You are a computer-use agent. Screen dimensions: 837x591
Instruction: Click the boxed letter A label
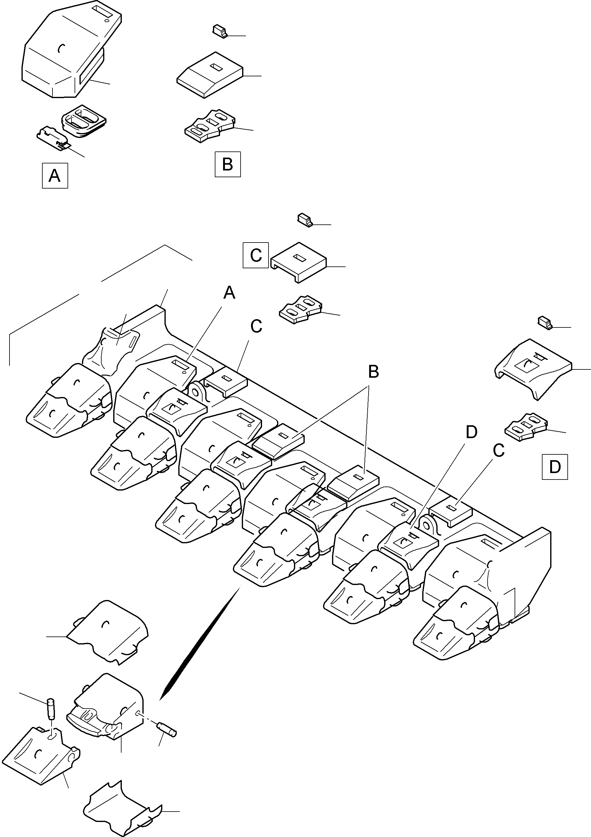pyautogui.click(x=55, y=176)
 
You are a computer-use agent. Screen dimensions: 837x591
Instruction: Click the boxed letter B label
pyautogui.click(x=228, y=164)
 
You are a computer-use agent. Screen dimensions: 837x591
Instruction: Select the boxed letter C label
pyautogui.click(x=256, y=255)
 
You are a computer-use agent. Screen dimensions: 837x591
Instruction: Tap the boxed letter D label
pyautogui.click(x=554, y=467)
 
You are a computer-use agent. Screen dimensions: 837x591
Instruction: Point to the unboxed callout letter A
pyautogui.click(x=229, y=293)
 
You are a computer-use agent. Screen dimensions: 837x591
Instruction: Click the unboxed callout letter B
pyautogui.click(x=373, y=372)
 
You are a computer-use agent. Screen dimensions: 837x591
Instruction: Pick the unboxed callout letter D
pyautogui.click(x=471, y=432)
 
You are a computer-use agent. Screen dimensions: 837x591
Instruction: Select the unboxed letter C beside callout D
pyautogui.click(x=498, y=451)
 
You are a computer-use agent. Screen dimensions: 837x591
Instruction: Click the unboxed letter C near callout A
pyautogui.click(x=256, y=326)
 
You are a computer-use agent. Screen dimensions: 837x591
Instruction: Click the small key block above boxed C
pyautogui.click(x=305, y=220)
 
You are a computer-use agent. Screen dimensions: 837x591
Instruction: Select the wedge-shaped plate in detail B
pyautogui.click(x=210, y=75)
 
